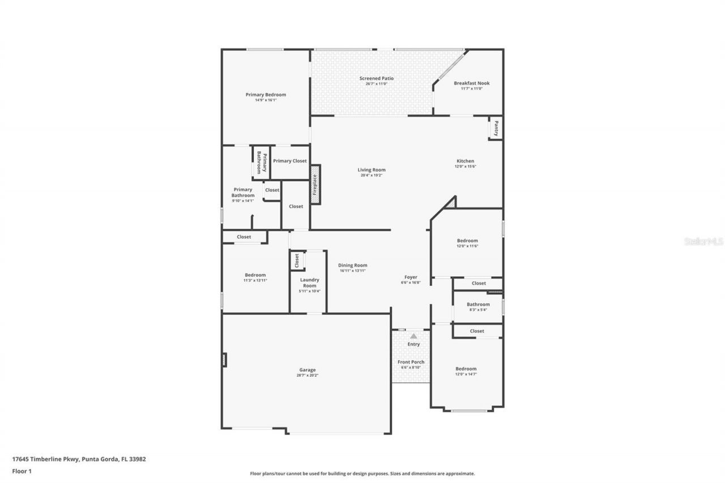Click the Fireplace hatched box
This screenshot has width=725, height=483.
point(315,185)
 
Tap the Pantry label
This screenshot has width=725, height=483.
point(496,128)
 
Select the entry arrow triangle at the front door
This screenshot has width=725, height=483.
point(413,336)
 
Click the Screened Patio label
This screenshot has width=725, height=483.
point(376,78)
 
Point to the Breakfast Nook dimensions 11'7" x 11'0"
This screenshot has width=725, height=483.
point(471,88)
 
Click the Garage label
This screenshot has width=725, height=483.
point(308,370)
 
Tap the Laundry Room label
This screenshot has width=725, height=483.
point(309,283)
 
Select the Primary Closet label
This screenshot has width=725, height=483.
point(289,161)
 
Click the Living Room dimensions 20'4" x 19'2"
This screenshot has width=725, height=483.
point(371,175)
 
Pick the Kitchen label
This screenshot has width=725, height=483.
point(465,161)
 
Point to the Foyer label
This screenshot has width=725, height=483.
point(411,277)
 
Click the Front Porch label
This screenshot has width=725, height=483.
point(411,362)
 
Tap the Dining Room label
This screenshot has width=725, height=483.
point(352,265)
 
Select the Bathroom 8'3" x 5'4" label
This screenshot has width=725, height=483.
point(478,304)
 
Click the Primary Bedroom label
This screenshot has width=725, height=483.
point(266,95)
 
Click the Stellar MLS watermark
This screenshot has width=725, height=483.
point(703,241)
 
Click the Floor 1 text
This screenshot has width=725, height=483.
point(22,471)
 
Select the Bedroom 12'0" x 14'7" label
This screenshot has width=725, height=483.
point(466,369)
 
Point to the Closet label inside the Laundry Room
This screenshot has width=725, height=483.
point(296,260)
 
